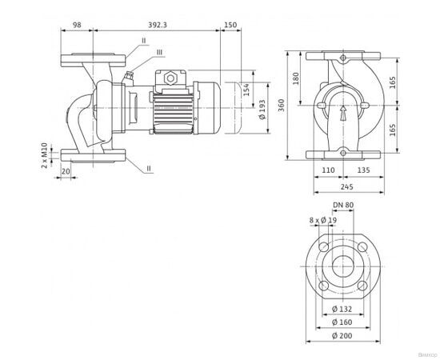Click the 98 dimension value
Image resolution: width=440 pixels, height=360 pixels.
(78, 25)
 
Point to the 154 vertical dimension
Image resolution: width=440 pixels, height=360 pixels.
(247, 92)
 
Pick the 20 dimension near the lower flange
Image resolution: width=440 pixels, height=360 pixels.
(65, 171)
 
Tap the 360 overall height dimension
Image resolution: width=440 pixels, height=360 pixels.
(282, 106)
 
